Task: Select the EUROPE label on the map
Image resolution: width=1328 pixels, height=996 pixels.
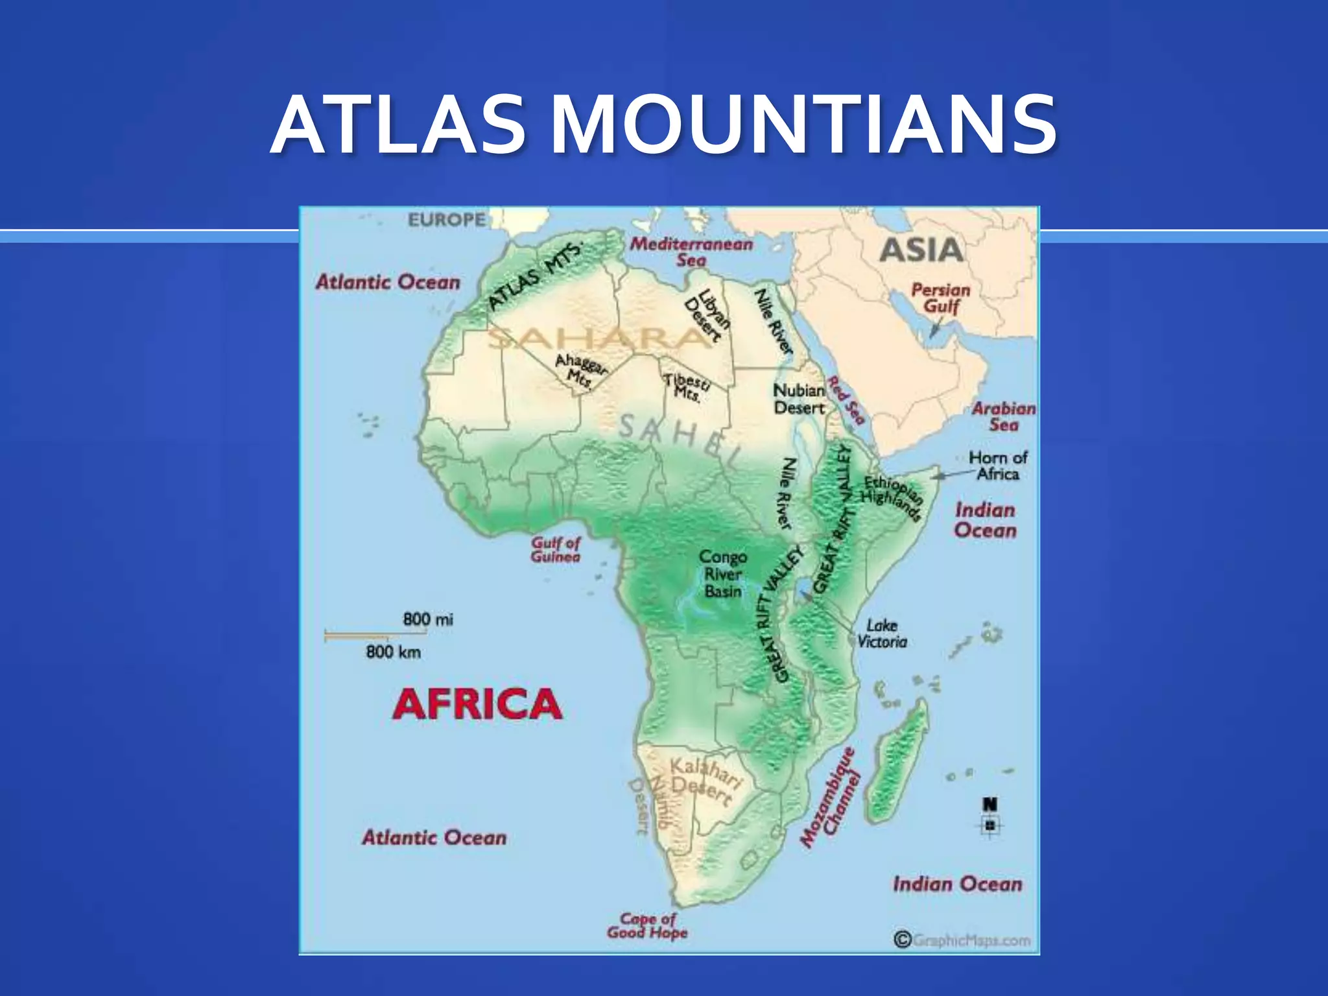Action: (447, 220)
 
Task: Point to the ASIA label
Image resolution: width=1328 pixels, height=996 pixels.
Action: (921, 250)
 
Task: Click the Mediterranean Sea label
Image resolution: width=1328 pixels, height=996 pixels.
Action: (691, 252)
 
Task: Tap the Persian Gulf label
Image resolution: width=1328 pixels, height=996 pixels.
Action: (940, 298)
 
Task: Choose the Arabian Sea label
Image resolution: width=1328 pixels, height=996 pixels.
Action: (1003, 416)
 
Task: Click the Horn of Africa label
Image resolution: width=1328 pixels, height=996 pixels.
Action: (998, 466)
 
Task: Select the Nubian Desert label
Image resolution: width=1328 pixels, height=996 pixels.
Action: (799, 399)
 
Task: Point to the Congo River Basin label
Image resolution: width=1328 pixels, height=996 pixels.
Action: (723, 574)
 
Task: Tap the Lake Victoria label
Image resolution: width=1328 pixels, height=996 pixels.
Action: (882, 634)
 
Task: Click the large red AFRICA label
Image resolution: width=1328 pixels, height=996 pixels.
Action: (477, 704)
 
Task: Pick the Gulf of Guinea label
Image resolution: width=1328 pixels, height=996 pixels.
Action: (556, 550)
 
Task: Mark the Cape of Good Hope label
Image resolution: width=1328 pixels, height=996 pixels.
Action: (647, 926)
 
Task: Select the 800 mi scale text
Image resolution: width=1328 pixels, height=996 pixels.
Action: (428, 619)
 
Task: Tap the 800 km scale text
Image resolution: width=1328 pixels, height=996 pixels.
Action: (393, 652)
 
